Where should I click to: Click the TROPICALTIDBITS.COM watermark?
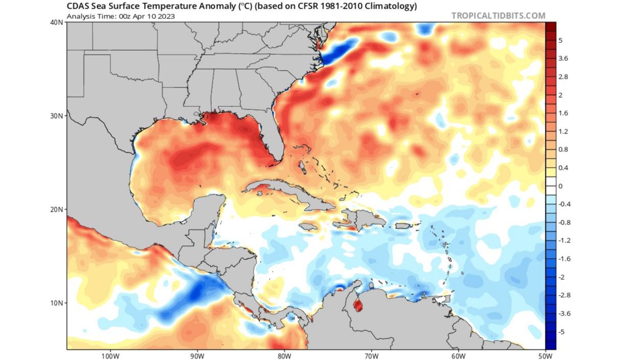coord(498,15)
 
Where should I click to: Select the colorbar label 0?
coord(560,186)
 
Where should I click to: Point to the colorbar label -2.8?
coord(565,295)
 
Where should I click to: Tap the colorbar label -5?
coord(562,331)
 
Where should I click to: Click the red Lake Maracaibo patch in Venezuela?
coord(358,305)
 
